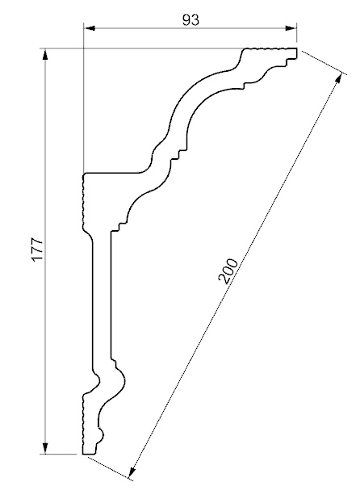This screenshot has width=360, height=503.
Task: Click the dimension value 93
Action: tap(190, 20)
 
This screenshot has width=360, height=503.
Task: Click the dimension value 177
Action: tap(37, 249)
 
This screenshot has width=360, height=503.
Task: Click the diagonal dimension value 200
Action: tap(228, 271)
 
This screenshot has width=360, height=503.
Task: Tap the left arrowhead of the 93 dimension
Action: tap(90, 28)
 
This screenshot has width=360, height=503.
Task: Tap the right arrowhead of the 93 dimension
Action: tap(291, 28)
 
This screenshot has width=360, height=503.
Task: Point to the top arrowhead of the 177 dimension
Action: tap(45, 54)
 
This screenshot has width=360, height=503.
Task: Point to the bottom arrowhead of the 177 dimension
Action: tap(45, 448)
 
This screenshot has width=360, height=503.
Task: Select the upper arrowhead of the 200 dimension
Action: tap(338, 78)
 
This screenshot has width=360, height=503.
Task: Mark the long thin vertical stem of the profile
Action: tap(102, 300)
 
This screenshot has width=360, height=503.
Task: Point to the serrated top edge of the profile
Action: tap(270, 48)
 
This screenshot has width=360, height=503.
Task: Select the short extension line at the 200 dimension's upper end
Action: tap(324, 63)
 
